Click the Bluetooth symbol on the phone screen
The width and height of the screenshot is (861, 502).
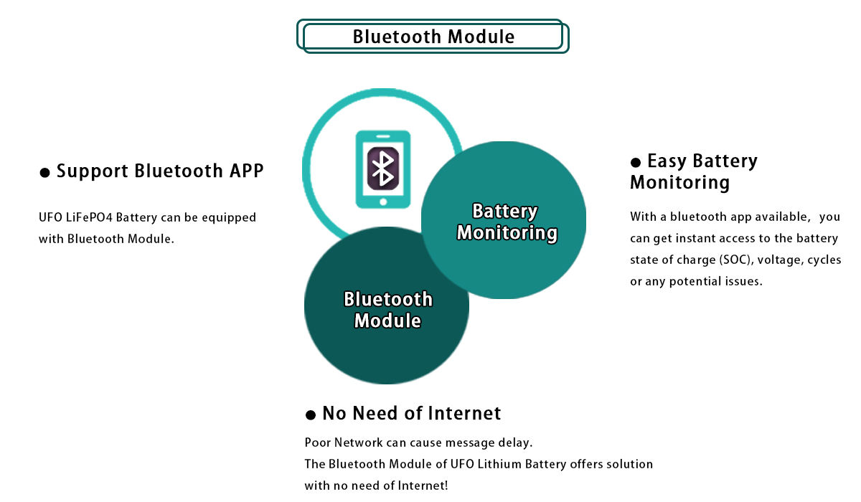383,169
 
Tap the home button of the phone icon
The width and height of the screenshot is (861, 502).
383,202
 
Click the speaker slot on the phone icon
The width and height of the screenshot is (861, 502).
383,136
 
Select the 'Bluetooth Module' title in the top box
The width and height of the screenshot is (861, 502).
433,37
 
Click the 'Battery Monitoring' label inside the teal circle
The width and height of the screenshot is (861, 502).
507,222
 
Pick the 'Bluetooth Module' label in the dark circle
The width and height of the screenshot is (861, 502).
388,310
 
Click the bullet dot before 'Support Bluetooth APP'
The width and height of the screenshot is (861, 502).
44,172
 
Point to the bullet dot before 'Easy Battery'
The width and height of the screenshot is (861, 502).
636,163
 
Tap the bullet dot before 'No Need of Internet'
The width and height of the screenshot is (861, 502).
310,415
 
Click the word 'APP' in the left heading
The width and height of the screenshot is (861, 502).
246,171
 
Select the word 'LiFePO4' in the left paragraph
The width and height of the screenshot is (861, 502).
89,217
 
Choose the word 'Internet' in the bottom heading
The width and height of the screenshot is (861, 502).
464,413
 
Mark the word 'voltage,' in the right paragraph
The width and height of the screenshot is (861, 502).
781,260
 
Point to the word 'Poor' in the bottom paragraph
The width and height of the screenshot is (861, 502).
317,443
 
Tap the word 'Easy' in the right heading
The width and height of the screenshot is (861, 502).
667,161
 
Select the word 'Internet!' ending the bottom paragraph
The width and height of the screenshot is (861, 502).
423,486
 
